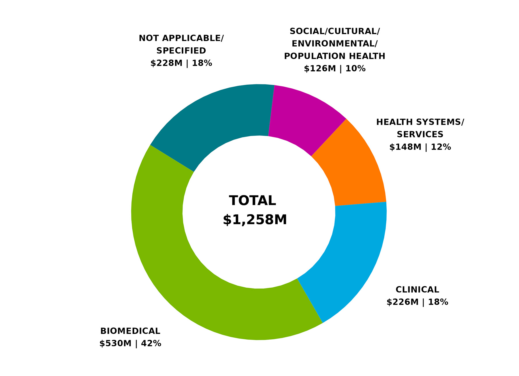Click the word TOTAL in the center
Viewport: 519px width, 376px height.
pos(253,201)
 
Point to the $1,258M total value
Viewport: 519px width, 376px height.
pos(255,220)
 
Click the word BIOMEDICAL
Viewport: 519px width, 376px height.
pos(130,331)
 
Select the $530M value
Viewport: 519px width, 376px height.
pos(115,344)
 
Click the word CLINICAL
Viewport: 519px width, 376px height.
pos(417,290)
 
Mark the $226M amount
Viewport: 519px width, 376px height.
pos(403,302)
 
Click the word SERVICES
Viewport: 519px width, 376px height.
pos(420,135)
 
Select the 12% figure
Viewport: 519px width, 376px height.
pos(441,147)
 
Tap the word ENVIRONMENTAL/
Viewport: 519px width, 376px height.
pos(335,44)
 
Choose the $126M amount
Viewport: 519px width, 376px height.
pos(320,69)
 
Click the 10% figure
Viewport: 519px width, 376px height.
pos(356,69)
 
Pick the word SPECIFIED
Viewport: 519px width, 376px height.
pos(181,51)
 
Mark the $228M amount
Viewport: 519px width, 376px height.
pos(166,63)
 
